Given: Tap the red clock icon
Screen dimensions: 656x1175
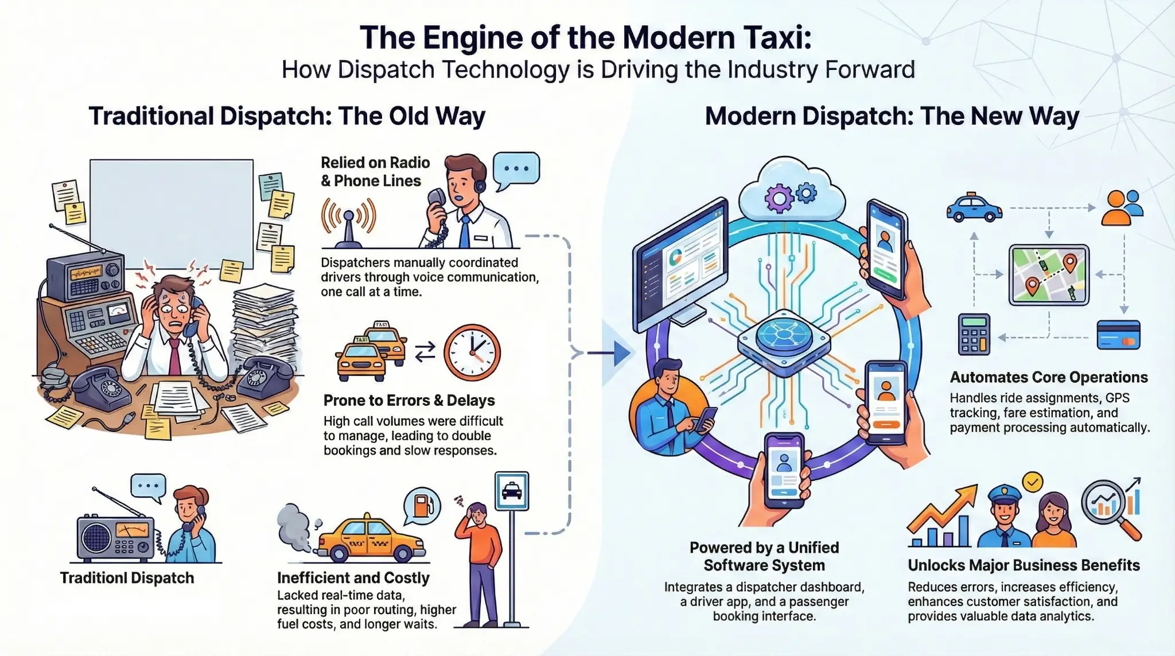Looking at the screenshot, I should click(472, 352).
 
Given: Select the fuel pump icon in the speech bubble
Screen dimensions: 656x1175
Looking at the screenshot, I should click(422, 505).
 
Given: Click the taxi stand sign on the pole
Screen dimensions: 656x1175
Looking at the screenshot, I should click(511, 491).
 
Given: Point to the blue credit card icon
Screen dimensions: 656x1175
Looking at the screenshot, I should click(1118, 336).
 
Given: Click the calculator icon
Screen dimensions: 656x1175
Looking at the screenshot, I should click(974, 334).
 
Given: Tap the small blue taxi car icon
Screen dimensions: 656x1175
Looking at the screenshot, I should click(974, 208).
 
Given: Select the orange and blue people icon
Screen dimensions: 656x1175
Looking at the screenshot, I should click(1122, 208).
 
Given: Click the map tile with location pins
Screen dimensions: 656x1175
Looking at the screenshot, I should click(1049, 274).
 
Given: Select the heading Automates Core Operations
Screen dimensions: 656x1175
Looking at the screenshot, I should click(1048, 377).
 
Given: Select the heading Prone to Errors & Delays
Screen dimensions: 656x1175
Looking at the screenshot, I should click(409, 400).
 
